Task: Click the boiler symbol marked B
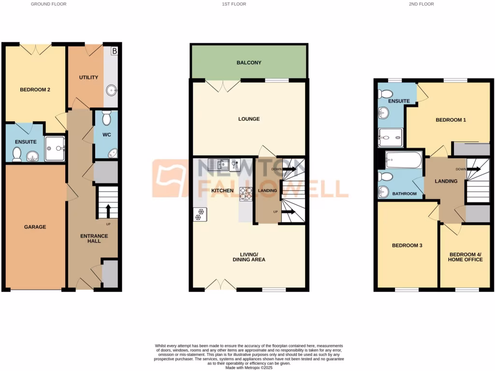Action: point(115,50)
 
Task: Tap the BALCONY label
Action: point(249,63)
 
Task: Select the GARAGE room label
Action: point(35,227)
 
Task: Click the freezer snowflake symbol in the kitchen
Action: point(198,215)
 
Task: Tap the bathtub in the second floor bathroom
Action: point(403,159)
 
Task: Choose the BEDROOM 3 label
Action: point(407,245)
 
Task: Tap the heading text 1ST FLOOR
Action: point(234,4)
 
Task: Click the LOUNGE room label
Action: point(249,119)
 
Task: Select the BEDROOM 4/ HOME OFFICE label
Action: point(466,257)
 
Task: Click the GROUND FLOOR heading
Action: point(48,4)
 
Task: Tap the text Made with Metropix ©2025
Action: point(248,368)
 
